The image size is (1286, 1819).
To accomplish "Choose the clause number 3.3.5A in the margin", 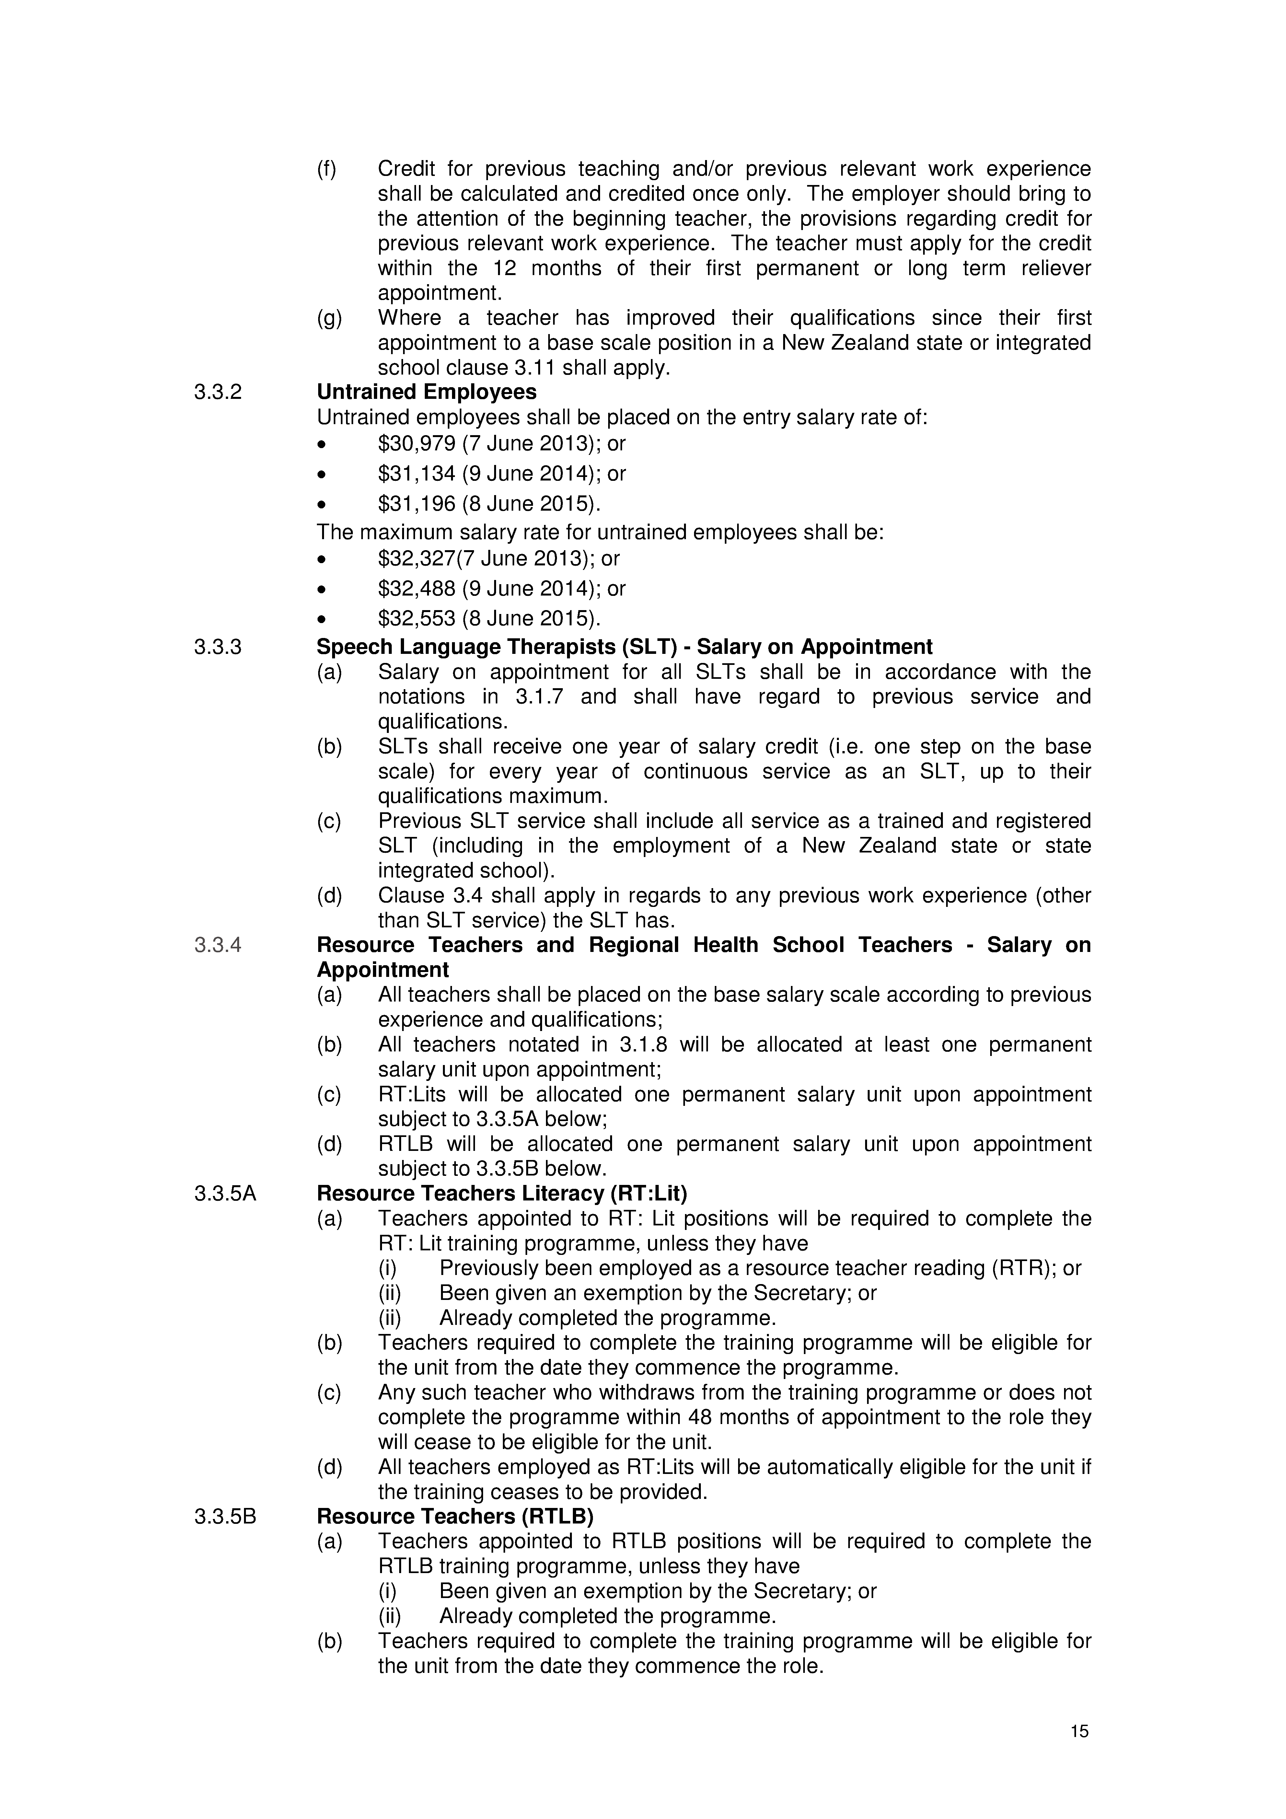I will click(225, 1193).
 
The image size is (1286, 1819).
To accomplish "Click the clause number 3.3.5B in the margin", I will click(225, 1516).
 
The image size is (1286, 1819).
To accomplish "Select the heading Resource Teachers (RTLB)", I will click(455, 1516).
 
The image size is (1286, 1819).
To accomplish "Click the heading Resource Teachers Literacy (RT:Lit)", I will click(502, 1193).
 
